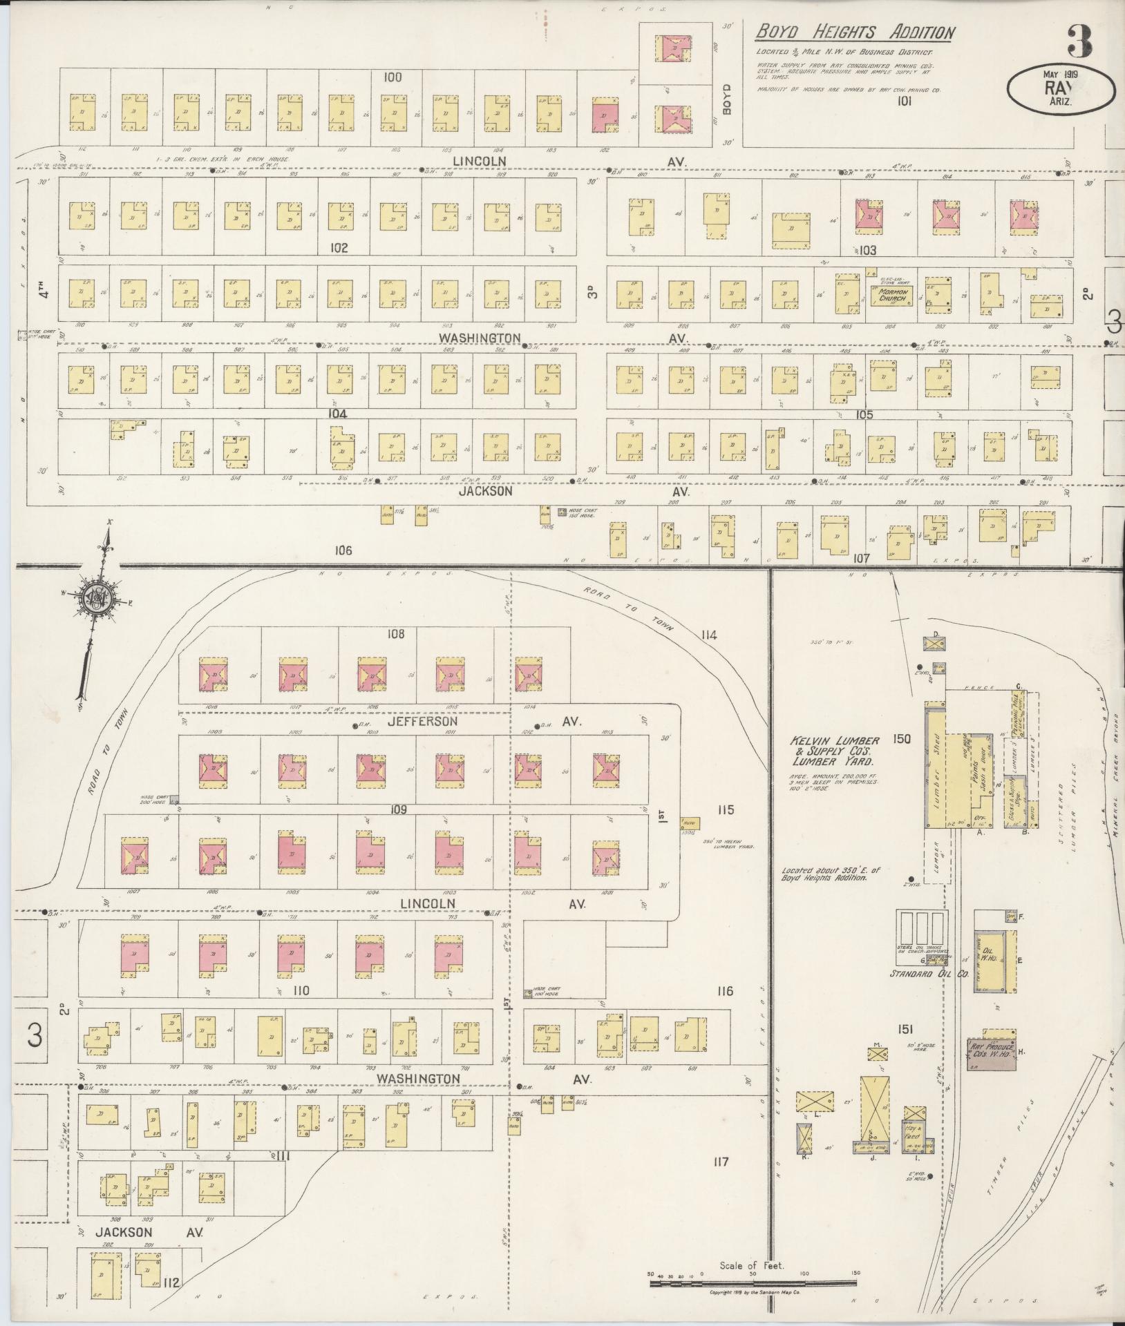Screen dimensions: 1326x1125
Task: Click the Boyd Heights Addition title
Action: pyautogui.click(x=855, y=32)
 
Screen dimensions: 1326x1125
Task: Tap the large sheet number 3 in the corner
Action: pyautogui.click(x=1079, y=41)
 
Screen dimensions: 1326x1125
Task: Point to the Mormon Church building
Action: pyautogui.click(x=891, y=296)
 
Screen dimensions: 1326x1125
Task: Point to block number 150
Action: pyautogui.click(x=901, y=739)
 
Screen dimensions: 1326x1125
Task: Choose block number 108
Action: pyautogui.click(x=396, y=634)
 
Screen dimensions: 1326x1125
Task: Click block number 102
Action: pyautogui.click(x=339, y=248)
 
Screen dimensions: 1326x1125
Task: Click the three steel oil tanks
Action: pyautogui.click(x=920, y=932)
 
